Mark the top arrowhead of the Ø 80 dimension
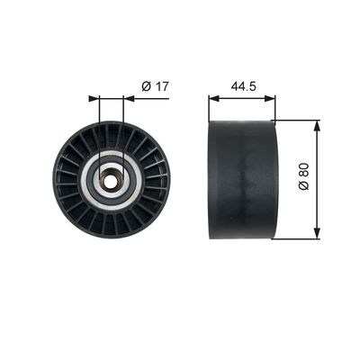pyautogui.click(x=315, y=128)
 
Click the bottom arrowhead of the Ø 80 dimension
pyautogui.click(x=315, y=236)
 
